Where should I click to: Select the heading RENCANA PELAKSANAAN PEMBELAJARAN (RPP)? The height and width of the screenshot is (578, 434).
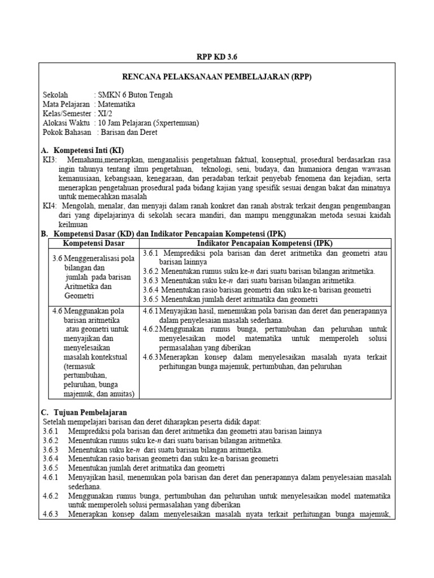click(x=217, y=77)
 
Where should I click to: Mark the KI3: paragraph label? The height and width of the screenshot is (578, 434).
click(x=50, y=160)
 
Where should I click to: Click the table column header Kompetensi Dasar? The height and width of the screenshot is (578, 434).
click(x=93, y=243)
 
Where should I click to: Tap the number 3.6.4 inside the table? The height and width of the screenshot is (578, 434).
click(x=152, y=290)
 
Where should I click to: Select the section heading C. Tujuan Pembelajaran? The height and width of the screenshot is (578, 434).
click(x=85, y=412)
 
